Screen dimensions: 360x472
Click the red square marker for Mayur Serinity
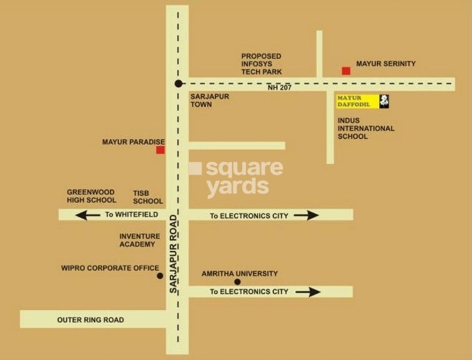346,71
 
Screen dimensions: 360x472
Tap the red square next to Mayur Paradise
160,150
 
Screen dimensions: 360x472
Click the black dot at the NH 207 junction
179,83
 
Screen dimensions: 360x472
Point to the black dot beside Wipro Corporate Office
160,276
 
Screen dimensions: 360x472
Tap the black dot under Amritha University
237,282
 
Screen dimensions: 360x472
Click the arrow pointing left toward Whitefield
88,215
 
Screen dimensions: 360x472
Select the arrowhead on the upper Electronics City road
306,215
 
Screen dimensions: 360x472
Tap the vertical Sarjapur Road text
174,254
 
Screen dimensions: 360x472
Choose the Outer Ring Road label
91,320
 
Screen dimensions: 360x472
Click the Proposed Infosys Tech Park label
261,64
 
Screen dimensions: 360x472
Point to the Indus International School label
366,128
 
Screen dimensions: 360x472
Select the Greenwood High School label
92,196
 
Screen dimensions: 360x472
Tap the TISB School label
148,197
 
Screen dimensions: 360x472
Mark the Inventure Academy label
140,240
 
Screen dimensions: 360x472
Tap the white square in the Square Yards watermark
195,169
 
